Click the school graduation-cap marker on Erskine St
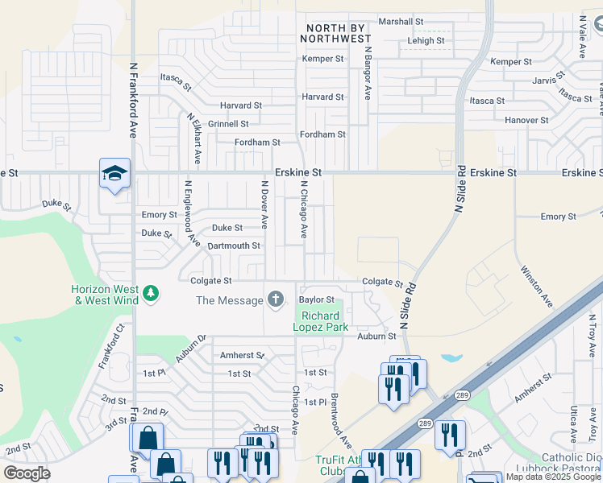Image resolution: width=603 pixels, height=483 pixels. (114, 173)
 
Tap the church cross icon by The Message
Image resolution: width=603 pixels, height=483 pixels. (276, 300)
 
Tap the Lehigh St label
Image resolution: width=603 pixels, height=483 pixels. (426, 40)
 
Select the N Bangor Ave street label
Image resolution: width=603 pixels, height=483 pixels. (368, 72)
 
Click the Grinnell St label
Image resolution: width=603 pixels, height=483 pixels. (228, 124)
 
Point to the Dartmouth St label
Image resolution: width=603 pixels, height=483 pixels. (234, 246)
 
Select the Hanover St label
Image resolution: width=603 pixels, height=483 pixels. (526, 120)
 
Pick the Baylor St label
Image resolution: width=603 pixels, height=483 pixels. (316, 299)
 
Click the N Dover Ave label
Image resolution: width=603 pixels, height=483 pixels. (264, 204)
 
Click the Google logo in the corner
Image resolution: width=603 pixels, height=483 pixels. (27, 473)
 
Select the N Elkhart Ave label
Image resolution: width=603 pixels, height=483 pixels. (195, 138)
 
